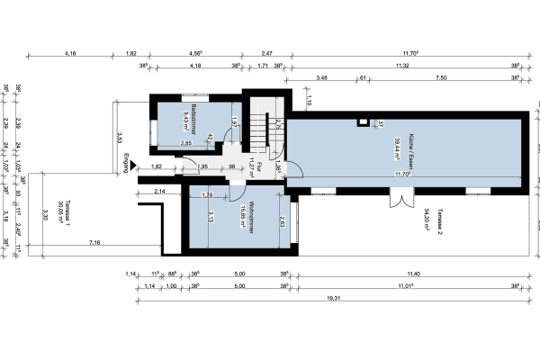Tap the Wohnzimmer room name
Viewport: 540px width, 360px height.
click(x=255, y=213)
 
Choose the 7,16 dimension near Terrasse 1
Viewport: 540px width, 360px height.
click(x=94, y=243)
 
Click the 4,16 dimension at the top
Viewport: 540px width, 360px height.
click(x=71, y=54)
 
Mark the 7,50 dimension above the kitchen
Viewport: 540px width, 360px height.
click(x=440, y=78)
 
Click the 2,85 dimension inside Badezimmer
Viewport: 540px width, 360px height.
click(x=185, y=143)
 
